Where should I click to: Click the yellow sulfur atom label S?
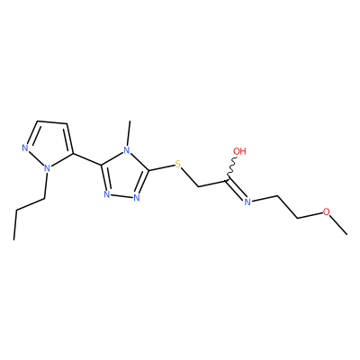click(x=178, y=165)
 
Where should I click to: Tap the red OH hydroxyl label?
click(x=239, y=151)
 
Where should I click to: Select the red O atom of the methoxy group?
click(x=326, y=211)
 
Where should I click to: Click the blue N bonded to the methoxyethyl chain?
click(x=247, y=202)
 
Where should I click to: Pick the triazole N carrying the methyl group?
click(x=127, y=149)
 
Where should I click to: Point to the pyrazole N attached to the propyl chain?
click(x=47, y=168)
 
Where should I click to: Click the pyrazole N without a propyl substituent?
click(x=25, y=148)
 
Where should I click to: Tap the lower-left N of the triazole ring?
click(x=107, y=194)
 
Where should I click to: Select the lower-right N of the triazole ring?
click(x=137, y=197)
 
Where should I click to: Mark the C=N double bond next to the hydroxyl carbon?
click(x=236, y=190)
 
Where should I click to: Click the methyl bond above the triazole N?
click(x=129, y=133)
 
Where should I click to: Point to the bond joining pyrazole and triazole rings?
click(x=87, y=159)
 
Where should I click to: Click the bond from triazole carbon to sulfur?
click(x=161, y=167)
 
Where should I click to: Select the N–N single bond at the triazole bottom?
click(x=121, y=196)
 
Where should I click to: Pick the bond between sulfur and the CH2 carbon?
click(x=190, y=178)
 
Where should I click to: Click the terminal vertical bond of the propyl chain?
click(x=15, y=225)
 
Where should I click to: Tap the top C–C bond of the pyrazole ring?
click(x=52, y=122)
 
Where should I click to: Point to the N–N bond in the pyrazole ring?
click(x=36, y=158)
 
